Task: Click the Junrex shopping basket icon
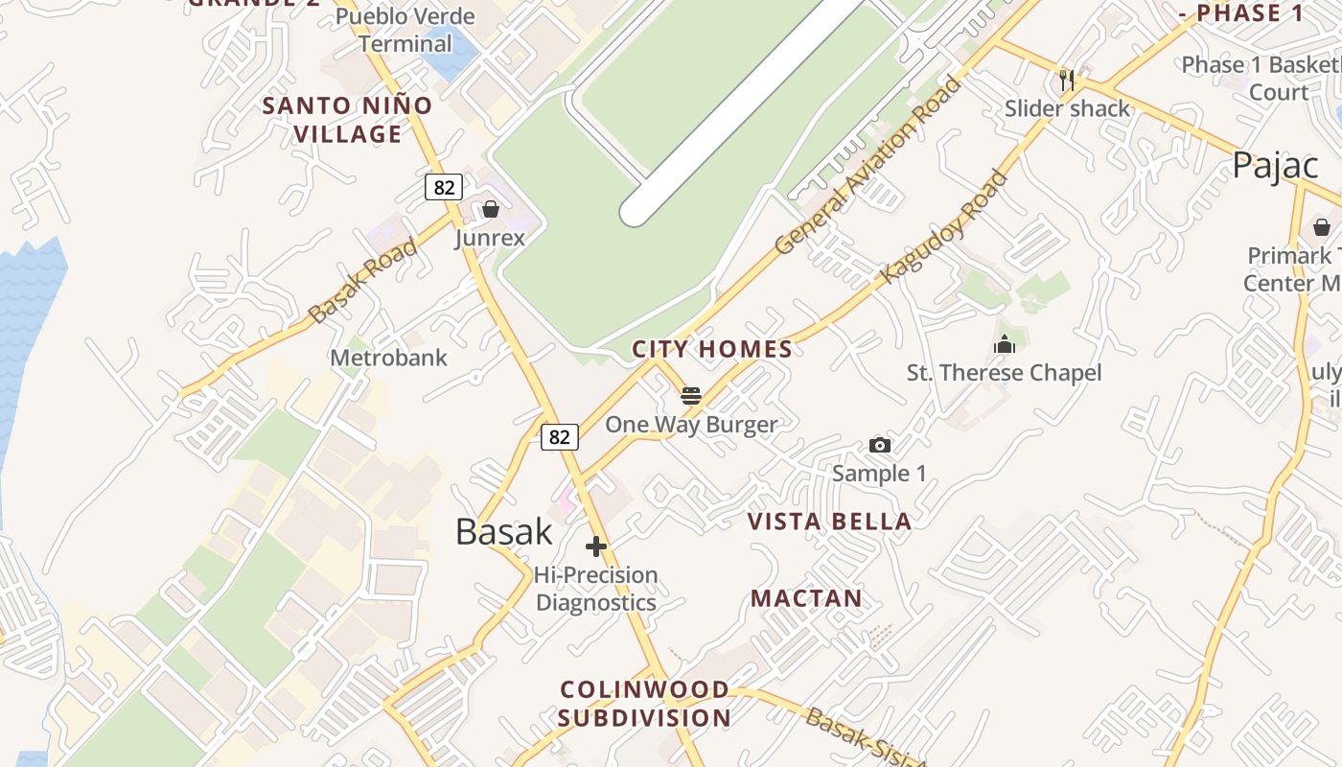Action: click(491, 208)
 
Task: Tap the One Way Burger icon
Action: click(691, 396)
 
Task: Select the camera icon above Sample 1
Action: click(879, 445)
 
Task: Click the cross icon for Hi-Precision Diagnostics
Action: click(596, 546)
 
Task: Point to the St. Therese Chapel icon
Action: click(1005, 344)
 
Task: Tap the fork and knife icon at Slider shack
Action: click(1067, 80)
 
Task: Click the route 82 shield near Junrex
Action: click(444, 187)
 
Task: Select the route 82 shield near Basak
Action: click(560, 437)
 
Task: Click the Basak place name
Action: click(504, 531)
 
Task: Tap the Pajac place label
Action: click(1276, 165)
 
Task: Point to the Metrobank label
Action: click(388, 358)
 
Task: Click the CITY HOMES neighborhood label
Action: click(712, 349)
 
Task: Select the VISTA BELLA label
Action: click(829, 522)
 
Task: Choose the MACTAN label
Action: click(806, 599)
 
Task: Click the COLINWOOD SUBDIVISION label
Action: click(644, 703)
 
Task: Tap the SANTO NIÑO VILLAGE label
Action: click(347, 120)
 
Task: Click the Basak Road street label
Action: click(364, 280)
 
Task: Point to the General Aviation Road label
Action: click(868, 165)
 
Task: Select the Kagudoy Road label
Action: click(945, 227)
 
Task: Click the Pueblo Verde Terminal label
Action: click(405, 30)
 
